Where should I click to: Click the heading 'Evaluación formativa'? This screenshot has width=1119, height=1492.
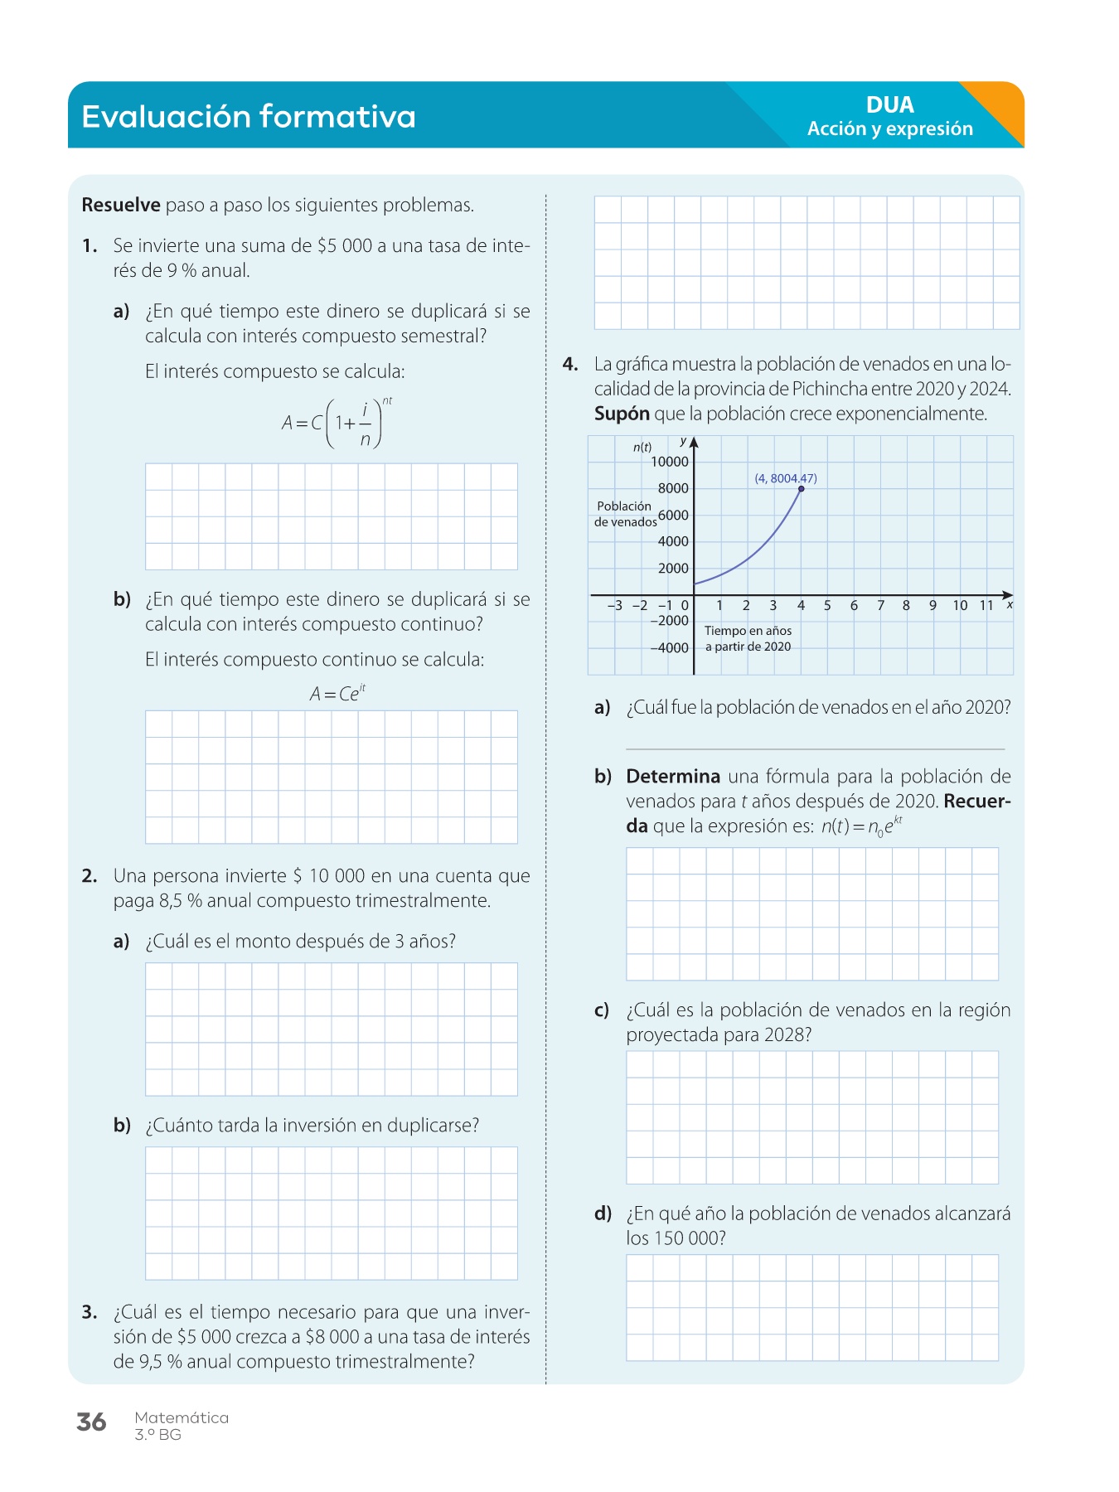[249, 117]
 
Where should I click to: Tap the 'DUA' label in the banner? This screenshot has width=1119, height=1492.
[889, 105]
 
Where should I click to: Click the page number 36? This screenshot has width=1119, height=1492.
[91, 1422]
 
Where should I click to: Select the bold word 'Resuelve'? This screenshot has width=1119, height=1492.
[121, 206]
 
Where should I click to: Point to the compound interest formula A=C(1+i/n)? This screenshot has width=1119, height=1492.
[337, 423]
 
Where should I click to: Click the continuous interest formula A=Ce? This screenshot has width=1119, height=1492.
[337, 694]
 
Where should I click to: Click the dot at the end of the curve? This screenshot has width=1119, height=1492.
[801, 489]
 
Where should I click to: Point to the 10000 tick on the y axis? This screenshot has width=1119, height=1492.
[670, 462]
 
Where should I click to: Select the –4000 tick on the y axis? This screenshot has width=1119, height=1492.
[670, 647]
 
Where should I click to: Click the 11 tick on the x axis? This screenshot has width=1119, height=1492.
[986, 606]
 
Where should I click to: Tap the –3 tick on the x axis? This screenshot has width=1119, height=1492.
[614, 606]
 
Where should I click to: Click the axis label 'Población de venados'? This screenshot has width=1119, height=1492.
[625, 514]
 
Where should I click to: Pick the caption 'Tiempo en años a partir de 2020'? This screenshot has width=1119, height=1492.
[748, 639]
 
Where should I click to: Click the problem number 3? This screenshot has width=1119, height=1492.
[90, 1312]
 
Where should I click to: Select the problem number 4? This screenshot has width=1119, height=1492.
[570, 364]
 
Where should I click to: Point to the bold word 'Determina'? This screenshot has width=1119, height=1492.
[673, 777]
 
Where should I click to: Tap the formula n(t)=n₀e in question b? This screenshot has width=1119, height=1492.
[861, 826]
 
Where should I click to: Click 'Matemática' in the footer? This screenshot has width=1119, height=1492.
[182, 1417]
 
